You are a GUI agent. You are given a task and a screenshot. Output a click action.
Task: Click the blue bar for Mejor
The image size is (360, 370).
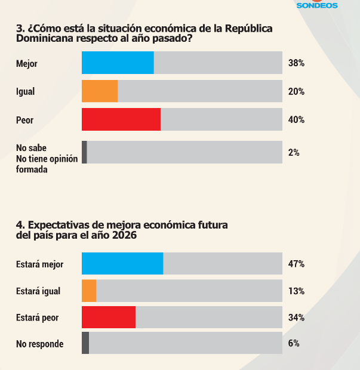(x=118, y=63)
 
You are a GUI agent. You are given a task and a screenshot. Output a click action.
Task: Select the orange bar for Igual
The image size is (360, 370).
(x=100, y=91)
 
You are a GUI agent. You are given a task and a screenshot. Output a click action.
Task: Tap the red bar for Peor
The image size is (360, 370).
(x=121, y=119)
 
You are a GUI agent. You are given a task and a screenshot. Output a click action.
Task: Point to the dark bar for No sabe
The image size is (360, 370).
(x=84, y=152)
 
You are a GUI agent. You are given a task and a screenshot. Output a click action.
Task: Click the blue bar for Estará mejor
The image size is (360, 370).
(x=122, y=263)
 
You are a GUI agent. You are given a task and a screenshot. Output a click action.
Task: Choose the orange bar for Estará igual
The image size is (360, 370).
(x=89, y=291)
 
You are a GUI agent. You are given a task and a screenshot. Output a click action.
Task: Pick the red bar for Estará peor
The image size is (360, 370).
(x=109, y=317)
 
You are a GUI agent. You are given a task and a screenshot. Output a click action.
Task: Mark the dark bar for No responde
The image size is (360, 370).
(x=85, y=343)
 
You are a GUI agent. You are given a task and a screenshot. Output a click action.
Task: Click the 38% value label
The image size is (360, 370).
(x=296, y=63)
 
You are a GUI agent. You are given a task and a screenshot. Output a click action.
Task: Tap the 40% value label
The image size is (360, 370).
(x=296, y=120)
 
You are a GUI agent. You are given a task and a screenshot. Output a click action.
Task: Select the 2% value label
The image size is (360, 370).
(x=294, y=153)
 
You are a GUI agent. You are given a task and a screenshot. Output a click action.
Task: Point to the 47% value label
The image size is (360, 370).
(x=296, y=264)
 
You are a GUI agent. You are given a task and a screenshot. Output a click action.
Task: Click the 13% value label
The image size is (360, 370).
(x=296, y=291)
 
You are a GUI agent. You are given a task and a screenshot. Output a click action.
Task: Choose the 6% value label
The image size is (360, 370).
(x=294, y=344)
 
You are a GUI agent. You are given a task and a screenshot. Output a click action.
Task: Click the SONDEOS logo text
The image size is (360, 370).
(x=317, y=5)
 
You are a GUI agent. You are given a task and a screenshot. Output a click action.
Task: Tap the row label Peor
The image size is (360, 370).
(x=24, y=120)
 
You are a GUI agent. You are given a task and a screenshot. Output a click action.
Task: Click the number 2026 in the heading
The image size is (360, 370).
(x=124, y=235)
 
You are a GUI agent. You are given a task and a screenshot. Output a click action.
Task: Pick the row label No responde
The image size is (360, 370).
(x=39, y=344)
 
